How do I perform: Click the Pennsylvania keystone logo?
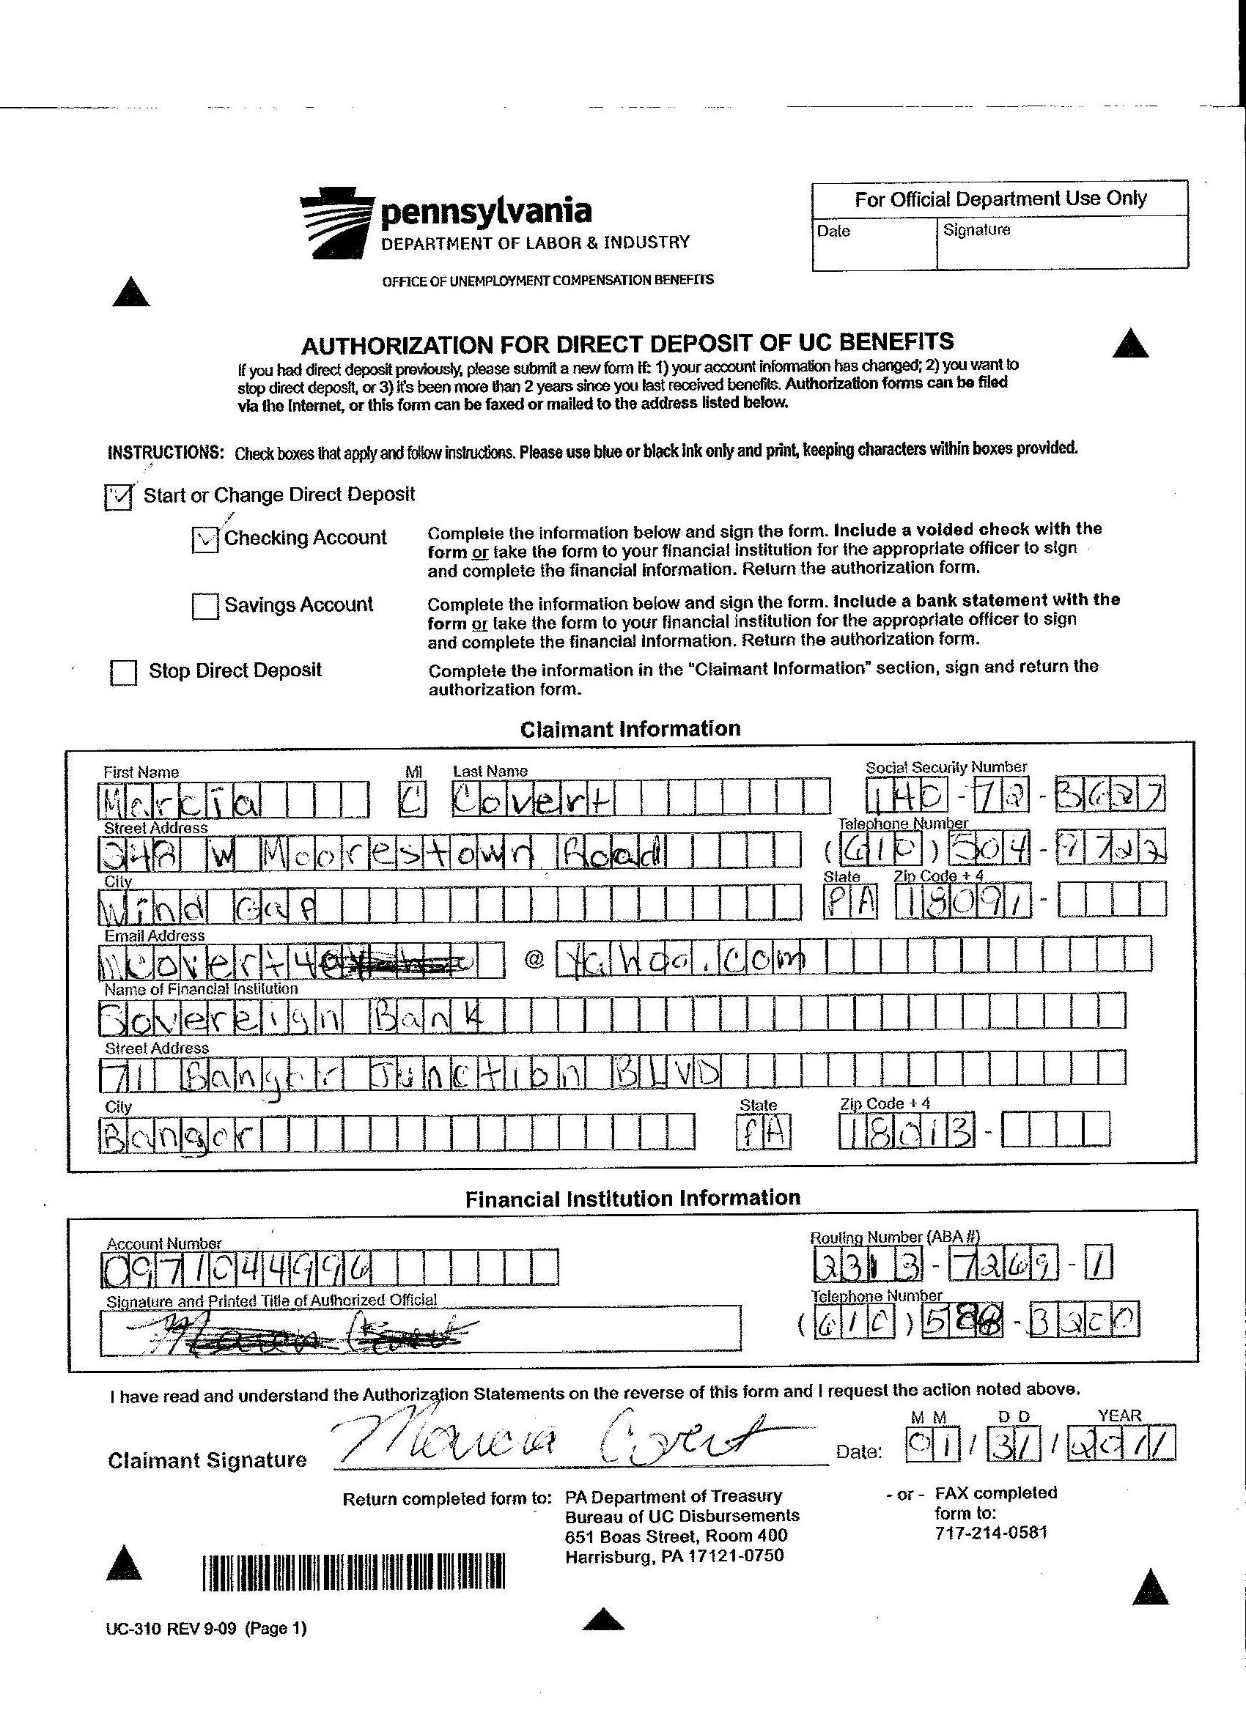(x=336, y=226)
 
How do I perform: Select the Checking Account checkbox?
(x=205, y=539)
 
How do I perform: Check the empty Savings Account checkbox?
(x=204, y=606)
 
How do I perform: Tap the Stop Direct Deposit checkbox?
(x=123, y=671)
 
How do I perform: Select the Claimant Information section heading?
(x=630, y=729)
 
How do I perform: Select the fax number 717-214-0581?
(x=991, y=1533)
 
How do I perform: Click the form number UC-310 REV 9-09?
(x=206, y=1629)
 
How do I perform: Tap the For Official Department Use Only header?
(x=1000, y=199)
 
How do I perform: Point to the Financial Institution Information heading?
(x=633, y=1199)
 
